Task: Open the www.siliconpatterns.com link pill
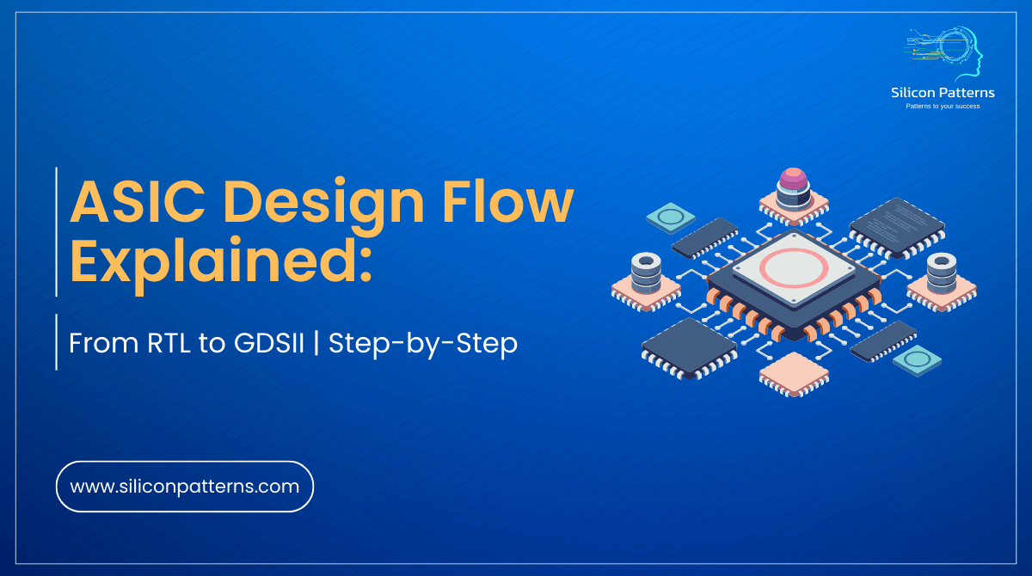coord(184,487)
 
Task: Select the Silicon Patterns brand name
coord(942,93)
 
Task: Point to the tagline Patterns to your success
coord(942,107)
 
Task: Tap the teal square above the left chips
coord(670,218)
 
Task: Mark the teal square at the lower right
coord(917,358)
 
